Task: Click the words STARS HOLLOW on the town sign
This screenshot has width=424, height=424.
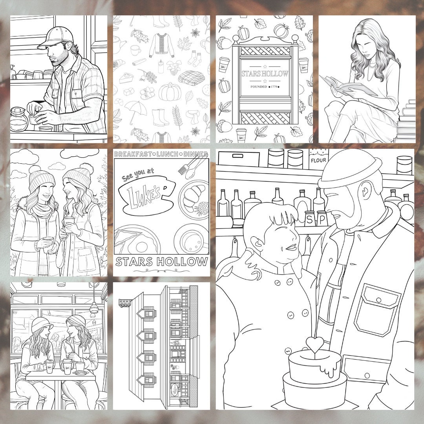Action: (265, 74)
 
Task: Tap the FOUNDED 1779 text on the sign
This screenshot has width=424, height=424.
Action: (264, 87)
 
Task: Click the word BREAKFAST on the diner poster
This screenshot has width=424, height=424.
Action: (130, 154)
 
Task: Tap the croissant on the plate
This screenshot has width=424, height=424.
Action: (193, 199)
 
